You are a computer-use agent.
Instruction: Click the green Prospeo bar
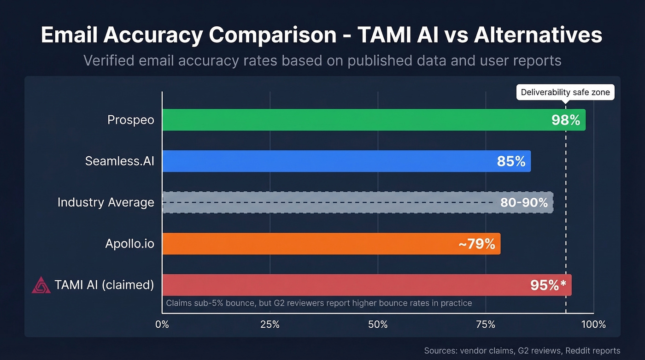350,120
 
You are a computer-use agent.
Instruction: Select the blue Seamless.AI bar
322,161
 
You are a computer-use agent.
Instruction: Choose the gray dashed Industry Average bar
322,202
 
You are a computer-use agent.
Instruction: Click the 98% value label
566,120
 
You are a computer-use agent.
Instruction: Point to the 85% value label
511,161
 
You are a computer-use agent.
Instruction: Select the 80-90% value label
524,202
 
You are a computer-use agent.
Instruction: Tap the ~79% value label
477,244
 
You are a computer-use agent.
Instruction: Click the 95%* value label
548,285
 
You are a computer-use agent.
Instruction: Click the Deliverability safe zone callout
565,92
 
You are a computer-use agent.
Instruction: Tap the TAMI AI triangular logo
41,285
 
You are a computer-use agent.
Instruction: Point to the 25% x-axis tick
270,325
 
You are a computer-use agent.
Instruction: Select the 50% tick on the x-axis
378,325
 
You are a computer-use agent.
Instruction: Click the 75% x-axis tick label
486,325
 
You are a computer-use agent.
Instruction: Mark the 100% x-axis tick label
593,325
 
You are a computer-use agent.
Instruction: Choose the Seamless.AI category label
119,161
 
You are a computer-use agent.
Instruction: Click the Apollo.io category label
129,244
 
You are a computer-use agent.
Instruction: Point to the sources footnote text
522,351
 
